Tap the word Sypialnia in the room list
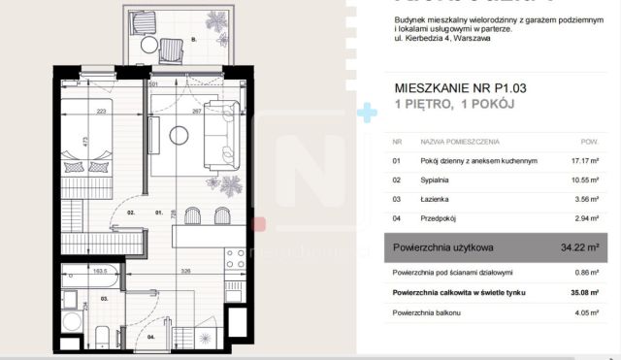pos(433,180)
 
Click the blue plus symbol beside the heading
pos(366,114)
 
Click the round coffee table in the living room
pos(178,136)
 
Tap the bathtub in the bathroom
pos(87,276)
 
